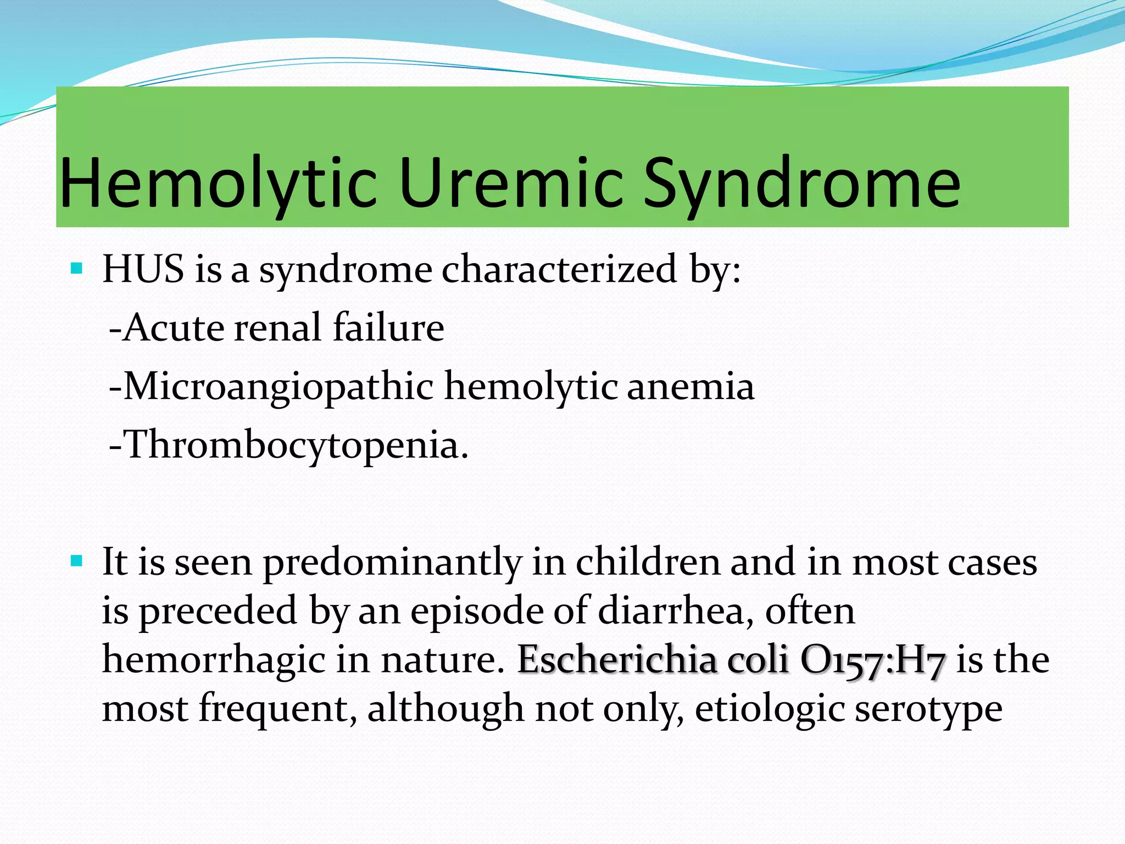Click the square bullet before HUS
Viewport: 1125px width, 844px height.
(77, 269)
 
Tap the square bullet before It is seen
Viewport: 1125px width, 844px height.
(77, 562)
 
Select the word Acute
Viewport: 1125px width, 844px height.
(174, 328)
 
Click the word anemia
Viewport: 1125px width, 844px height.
(690, 387)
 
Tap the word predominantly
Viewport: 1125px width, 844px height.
(392, 563)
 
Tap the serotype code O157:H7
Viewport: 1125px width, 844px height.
(873, 659)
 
